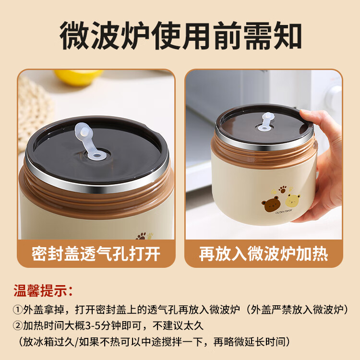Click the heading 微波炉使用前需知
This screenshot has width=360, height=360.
pos(180,36)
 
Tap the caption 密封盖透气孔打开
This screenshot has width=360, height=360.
pos(96,254)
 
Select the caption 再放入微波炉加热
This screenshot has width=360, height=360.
pos(264,254)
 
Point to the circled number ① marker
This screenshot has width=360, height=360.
pos(18,310)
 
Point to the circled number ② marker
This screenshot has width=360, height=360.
pos(18,326)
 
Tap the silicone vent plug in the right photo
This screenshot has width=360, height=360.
pos(266,122)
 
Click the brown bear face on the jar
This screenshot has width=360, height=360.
pos(270,204)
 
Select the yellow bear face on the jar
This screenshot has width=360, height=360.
pos(293,200)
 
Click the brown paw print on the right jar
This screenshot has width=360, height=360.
pos(282,189)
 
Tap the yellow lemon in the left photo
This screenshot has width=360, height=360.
pos(78,77)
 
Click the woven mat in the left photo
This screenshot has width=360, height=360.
pos(35,112)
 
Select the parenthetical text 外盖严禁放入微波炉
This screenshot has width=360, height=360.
pos(297,310)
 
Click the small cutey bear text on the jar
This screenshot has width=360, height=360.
pos(284,212)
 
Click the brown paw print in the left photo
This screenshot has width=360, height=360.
pos(141,236)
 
